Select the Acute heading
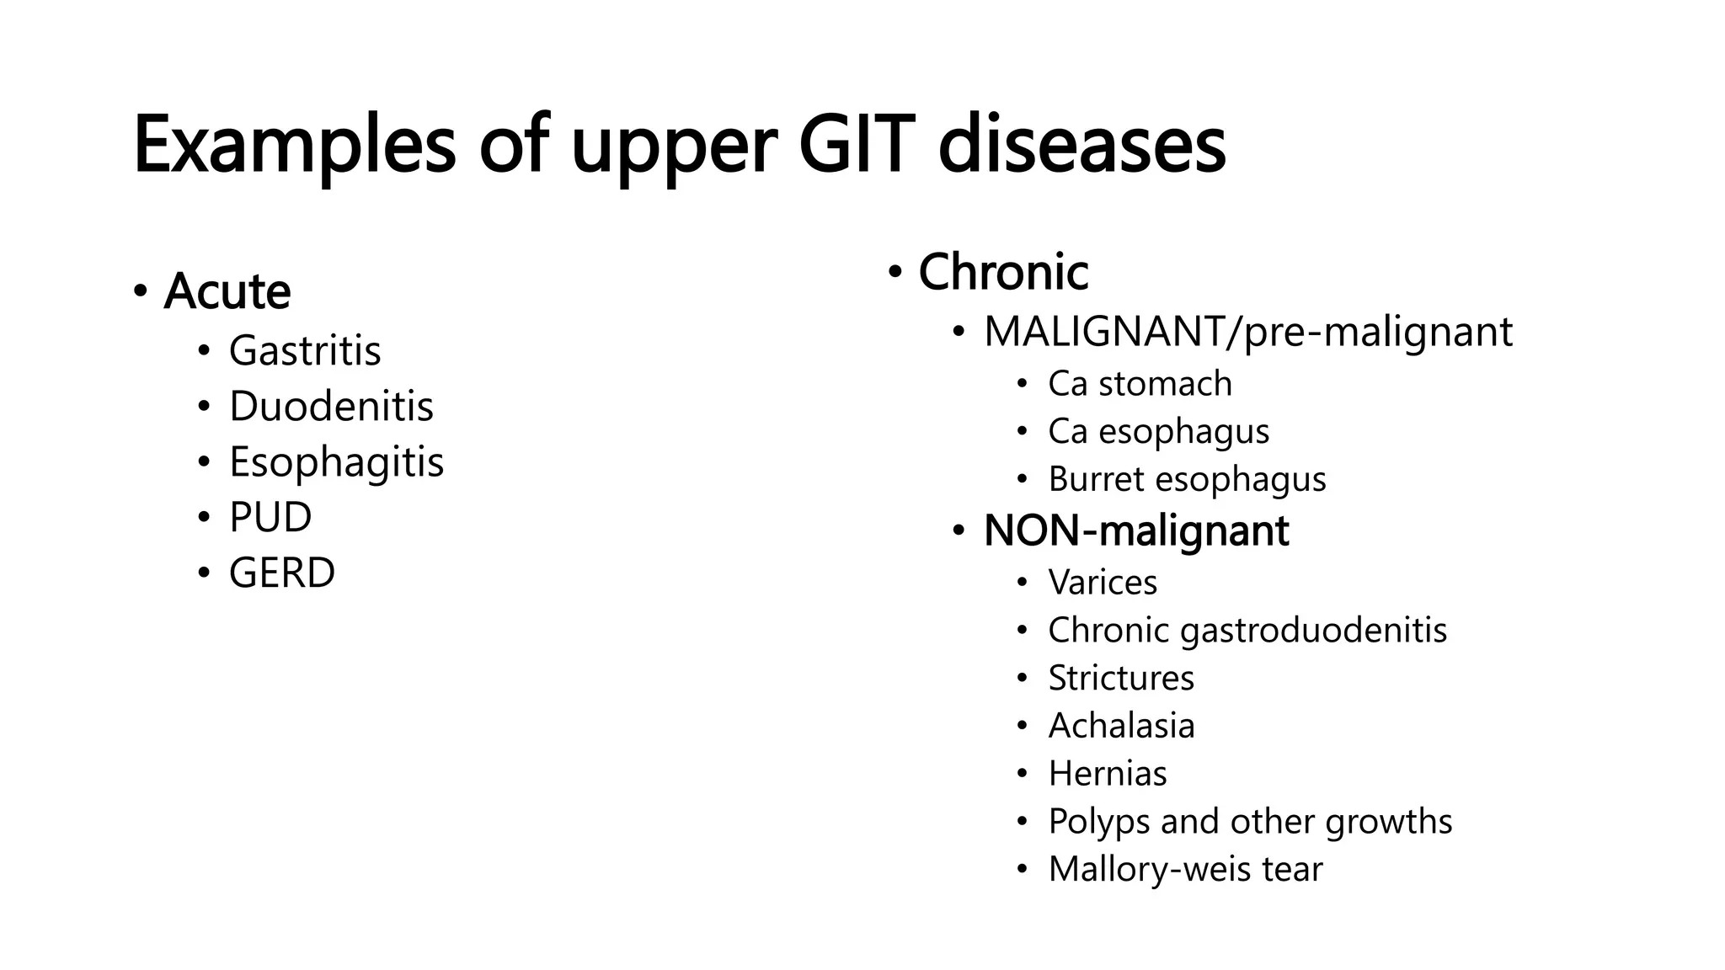(x=227, y=291)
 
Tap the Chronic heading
(x=1003, y=272)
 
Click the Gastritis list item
(x=305, y=350)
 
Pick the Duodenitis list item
(x=331, y=406)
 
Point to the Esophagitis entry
(x=336, y=461)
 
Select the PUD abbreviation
(x=270, y=517)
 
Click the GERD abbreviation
(x=282, y=573)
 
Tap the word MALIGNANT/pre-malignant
(x=1247, y=332)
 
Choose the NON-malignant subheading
(x=1136, y=530)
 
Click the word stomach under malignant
(x=1165, y=384)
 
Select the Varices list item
(x=1103, y=583)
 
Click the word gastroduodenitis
(x=1313, y=631)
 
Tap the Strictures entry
(x=1121, y=678)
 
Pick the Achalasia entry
(x=1121, y=726)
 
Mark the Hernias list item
(x=1108, y=774)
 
